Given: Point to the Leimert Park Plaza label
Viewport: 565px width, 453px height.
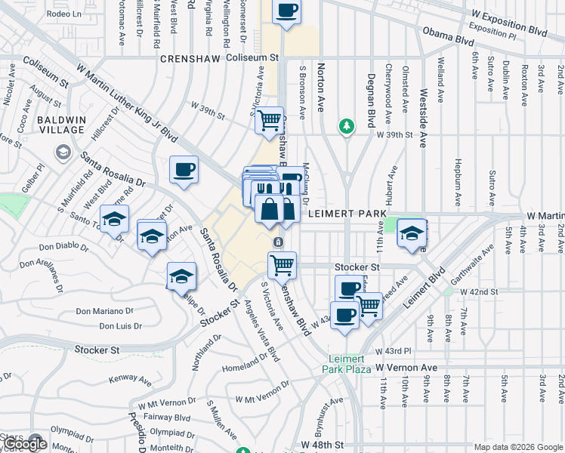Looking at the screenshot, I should [347, 364].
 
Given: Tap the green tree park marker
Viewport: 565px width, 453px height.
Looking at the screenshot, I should [347, 125].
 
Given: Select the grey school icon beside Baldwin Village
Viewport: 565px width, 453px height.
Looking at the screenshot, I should [63, 153].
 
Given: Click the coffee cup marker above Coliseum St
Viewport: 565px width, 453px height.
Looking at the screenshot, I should [286, 11].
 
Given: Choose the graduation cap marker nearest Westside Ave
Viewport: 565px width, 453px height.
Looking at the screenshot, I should [412, 233].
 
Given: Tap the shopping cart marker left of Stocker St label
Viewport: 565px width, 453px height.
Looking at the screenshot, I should [282, 264].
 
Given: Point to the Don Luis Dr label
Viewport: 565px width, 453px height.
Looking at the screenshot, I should [120, 326].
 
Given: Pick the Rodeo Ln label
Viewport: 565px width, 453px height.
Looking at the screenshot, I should [63, 14].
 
